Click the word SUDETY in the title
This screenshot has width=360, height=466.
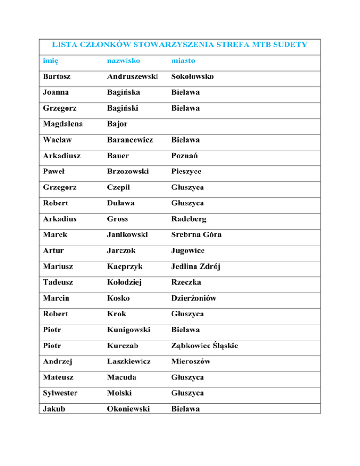click(290, 45)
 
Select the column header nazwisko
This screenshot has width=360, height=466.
click(123, 61)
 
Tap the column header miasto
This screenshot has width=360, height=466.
click(183, 61)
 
